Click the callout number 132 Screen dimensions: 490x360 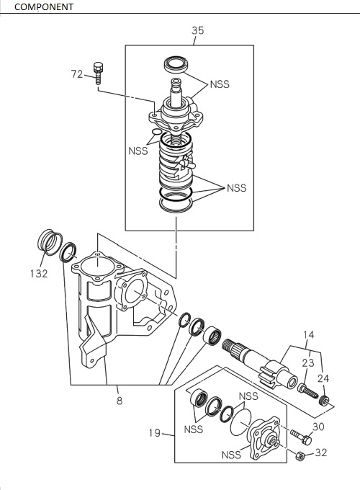click(x=39, y=274)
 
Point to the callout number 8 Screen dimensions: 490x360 click(x=120, y=401)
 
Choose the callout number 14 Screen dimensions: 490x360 click(x=308, y=335)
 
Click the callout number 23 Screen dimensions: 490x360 click(x=308, y=363)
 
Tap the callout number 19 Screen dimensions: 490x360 click(x=155, y=434)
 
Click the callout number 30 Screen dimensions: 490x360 click(x=319, y=427)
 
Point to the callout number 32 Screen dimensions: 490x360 click(x=320, y=453)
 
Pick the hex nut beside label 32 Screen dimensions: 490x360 click(x=300, y=455)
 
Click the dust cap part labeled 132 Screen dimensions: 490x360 click(x=48, y=241)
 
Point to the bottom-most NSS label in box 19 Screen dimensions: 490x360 click(x=231, y=455)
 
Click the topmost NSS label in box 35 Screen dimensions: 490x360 click(x=220, y=84)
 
